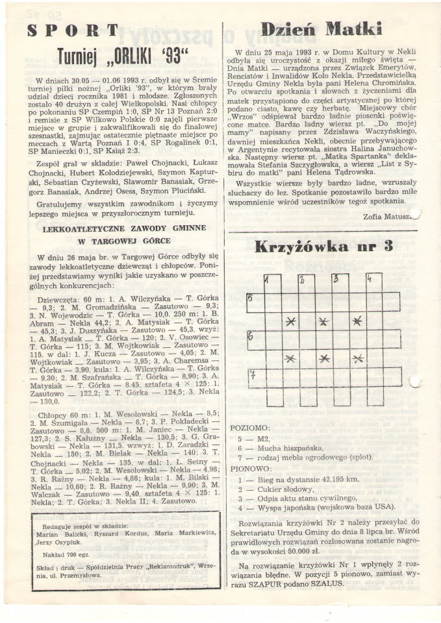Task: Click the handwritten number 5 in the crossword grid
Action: point(249,298)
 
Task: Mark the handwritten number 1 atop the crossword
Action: point(267,280)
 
